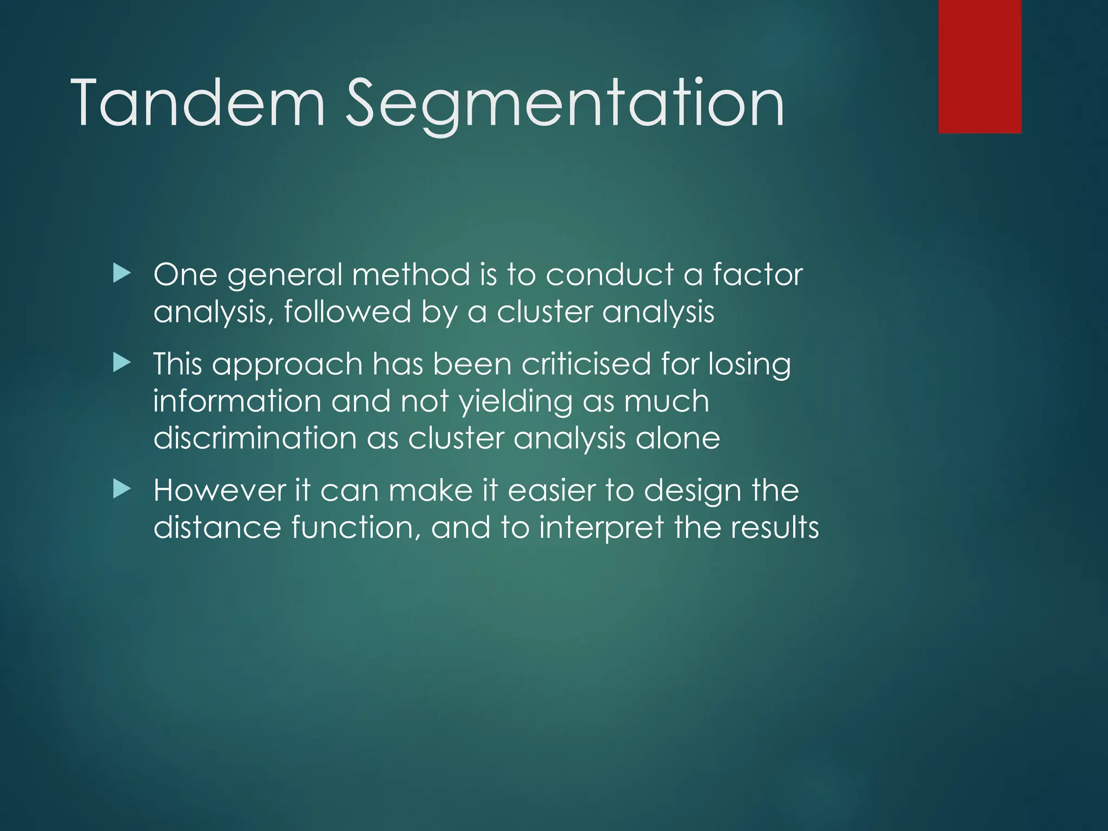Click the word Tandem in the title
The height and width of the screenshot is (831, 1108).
[x=197, y=103]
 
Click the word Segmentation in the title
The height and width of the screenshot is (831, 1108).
[x=565, y=103]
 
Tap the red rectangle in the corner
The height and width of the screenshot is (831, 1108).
[x=980, y=66]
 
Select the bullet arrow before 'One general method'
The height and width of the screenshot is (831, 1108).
[x=122, y=274]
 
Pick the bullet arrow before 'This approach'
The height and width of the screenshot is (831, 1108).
[x=122, y=363]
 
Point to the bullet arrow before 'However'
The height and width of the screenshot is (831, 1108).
[x=122, y=490]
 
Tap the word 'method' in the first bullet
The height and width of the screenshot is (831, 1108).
[x=411, y=274]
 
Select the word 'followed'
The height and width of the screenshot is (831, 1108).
[x=347, y=312]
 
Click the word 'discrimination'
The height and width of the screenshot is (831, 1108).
[x=255, y=438]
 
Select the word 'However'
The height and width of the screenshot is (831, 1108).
[x=219, y=491]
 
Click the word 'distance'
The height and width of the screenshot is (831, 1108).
[x=217, y=527]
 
